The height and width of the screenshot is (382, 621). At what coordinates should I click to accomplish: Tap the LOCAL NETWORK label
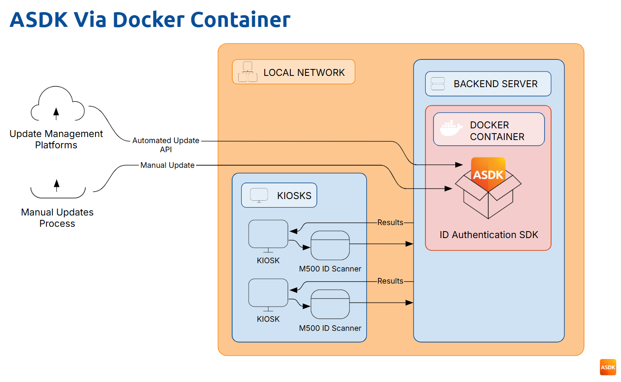(304, 72)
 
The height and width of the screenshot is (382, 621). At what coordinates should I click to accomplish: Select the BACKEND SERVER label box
(488, 84)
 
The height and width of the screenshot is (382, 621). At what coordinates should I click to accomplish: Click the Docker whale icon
(451, 128)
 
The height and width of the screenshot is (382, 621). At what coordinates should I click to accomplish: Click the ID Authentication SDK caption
(489, 235)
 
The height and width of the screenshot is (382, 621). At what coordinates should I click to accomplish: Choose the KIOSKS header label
(294, 196)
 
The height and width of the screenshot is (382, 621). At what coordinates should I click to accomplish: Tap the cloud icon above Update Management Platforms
(57, 104)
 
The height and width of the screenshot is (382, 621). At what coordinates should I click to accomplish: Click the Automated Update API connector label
(166, 145)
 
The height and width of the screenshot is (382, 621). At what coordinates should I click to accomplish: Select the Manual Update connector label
(168, 165)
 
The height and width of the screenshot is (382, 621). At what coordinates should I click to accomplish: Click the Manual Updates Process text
(57, 218)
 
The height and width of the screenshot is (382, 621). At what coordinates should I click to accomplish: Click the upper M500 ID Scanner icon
(330, 245)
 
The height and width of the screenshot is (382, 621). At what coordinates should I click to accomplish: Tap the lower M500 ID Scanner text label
(330, 328)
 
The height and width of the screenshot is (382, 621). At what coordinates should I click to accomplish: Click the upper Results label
(390, 222)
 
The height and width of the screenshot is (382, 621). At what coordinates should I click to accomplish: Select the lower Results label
(390, 281)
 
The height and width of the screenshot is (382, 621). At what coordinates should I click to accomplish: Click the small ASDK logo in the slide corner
(608, 367)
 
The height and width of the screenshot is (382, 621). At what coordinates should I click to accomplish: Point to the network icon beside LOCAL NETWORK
(248, 72)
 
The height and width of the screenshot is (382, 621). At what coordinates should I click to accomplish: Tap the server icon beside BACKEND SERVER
(438, 84)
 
